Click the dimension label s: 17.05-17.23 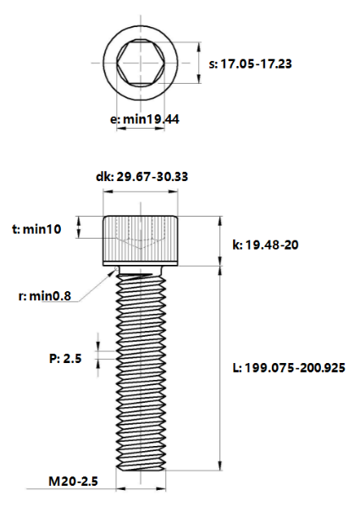coord(256,63)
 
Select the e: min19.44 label coord(145,119)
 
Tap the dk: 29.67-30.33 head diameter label coord(141,177)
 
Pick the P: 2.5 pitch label coord(64,358)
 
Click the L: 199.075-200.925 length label coord(288,367)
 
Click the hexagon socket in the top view coord(141,63)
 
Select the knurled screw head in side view coord(141,241)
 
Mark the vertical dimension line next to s coord(200,63)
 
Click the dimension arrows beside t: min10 coord(80,228)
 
